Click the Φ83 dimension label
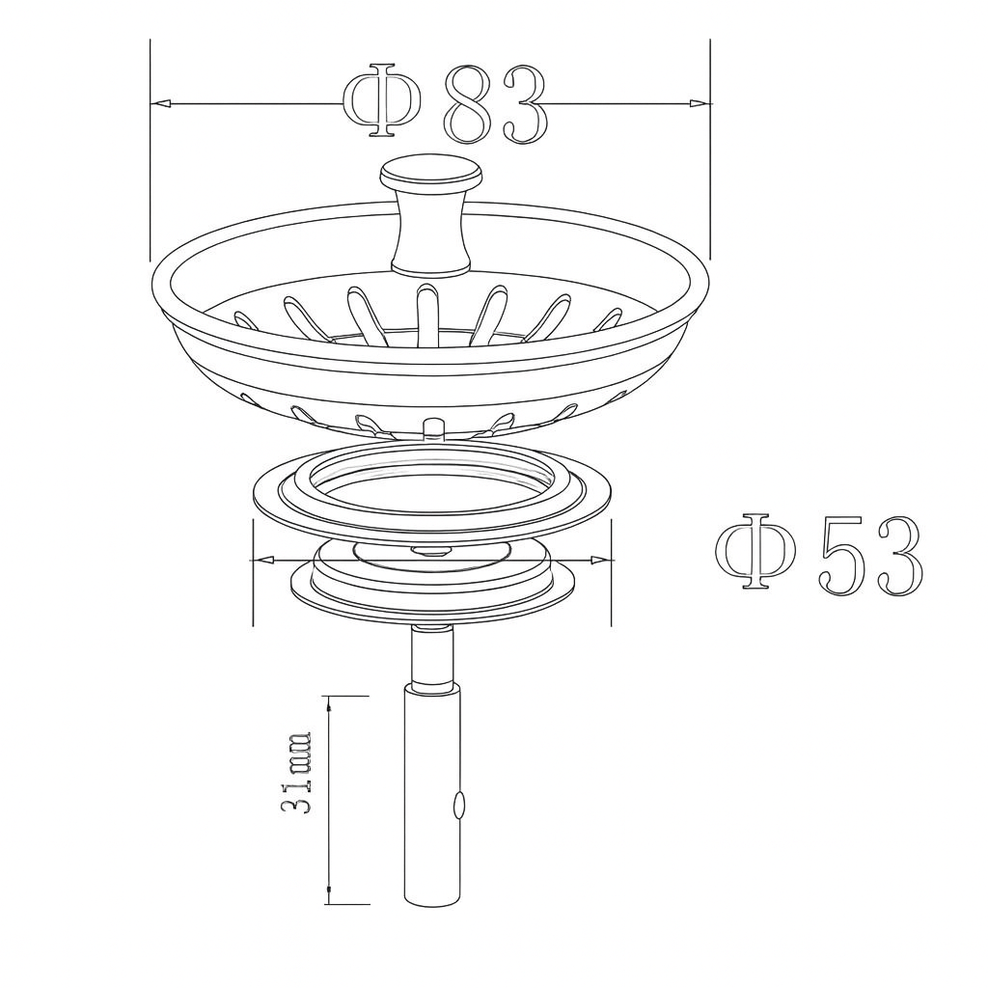445,102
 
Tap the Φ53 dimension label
819,553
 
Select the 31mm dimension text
296,773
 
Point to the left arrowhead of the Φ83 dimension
161,102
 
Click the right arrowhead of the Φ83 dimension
699,102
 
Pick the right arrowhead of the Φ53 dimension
601,560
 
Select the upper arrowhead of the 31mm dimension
329,705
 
